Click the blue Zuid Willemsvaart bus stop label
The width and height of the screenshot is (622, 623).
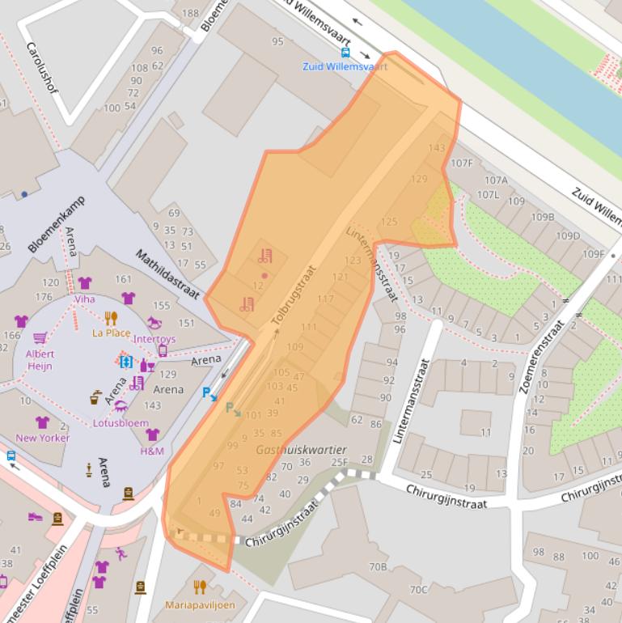pyautogui.click(x=345, y=66)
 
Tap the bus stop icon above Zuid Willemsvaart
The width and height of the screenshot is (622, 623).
pyautogui.click(x=345, y=53)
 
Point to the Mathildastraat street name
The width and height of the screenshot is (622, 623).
pyautogui.click(x=167, y=273)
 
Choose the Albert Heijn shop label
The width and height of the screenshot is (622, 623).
pyautogui.click(x=40, y=359)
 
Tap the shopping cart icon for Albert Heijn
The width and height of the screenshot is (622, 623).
pyautogui.click(x=40, y=338)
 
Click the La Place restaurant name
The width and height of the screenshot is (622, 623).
pyautogui.click(x=111, y=333)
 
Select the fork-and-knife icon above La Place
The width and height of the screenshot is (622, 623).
pyautogui.click(x=111, y=318)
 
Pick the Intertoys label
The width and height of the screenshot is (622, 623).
pyautogui.click(x=154, y=339)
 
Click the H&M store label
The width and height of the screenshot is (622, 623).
pyautogui.click(x=151, y=450)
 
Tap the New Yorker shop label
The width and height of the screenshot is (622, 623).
pyautogui.click(x=43, y=438)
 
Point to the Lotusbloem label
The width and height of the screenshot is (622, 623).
pyautogui.click(x=121, y=422)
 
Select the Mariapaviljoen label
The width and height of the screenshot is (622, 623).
pyautogui.click(x=199, y=604)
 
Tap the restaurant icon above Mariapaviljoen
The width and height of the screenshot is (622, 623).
pyautogui.click(x=200, y=587)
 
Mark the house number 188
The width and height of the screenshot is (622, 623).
pyautogui.click(x=190, y=13)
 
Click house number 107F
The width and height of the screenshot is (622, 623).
pyautogui.click(x=462, y=163)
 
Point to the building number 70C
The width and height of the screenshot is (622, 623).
pyautogui.click(x=418, y=589)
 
